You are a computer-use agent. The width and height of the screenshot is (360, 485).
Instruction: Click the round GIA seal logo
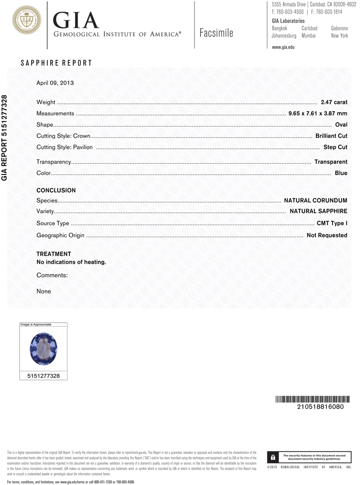tap(26, 20)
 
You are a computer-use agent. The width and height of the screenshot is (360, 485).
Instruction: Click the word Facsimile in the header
tap(216, 33)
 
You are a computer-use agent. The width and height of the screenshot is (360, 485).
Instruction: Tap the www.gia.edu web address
tap(283, 47)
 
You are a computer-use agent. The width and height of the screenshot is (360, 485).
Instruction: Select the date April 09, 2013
tap(55, 83)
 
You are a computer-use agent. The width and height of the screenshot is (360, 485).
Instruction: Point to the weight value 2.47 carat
tap(334, 102)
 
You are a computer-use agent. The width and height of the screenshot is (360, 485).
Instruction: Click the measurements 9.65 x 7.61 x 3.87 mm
tap(318, 113)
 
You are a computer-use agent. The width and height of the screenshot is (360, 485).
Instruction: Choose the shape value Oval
tap(341, 125)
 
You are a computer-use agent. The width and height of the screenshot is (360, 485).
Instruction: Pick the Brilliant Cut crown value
tap(331, 136)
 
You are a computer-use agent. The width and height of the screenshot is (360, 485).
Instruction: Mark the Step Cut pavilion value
tap(335, 147)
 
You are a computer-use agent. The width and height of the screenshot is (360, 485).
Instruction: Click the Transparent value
tap(330, 162)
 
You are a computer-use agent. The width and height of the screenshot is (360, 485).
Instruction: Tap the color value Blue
tap(341, 173)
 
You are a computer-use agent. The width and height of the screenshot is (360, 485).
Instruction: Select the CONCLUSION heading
tap(56, 191)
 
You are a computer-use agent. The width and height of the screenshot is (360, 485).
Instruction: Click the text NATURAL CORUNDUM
tap(315, 200)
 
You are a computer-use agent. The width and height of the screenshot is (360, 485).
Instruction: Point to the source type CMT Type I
tap(332, 224)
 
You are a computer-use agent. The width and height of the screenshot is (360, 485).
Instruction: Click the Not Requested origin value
tap(327, 235)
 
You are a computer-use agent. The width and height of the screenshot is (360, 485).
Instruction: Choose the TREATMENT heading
tap(53, 254)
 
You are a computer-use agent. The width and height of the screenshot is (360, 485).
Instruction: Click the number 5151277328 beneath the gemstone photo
tap(44, 375)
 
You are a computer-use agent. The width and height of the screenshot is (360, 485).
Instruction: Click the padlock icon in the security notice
tap(273, 457)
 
